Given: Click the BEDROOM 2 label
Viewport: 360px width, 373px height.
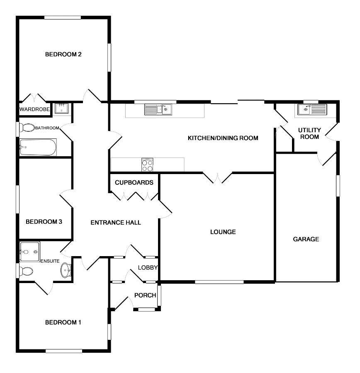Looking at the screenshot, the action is click(x=63, y=54).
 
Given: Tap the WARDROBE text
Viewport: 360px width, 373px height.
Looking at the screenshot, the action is click(x=35, y=110).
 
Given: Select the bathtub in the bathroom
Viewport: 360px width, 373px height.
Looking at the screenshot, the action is click(x=38, y=147).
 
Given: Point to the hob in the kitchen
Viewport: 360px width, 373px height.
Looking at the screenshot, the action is click(x=148, y=165).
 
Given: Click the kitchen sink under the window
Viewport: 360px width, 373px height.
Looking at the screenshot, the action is click(x=158, y=110).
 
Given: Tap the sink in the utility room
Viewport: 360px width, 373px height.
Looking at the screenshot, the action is click(x=311, y=110).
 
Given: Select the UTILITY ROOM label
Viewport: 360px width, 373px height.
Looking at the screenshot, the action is click(x=309, y=133).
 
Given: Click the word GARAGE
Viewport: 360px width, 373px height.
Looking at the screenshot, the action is click(x=306, y=239).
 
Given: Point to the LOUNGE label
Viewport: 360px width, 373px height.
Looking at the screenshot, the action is click(x=223, y=232).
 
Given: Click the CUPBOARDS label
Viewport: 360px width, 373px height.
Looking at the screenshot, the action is click(x=134, y=182).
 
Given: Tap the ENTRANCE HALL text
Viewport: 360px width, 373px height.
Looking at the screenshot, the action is click(x=116, y=223).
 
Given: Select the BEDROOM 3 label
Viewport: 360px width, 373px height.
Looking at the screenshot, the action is click(x=44, y=222).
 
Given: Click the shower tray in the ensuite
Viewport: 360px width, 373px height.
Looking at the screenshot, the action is click(x=29, y=251).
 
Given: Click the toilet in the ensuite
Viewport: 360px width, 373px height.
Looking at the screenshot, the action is click(x=27, y=271).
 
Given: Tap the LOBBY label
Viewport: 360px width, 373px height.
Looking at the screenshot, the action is click(x=148, y=267).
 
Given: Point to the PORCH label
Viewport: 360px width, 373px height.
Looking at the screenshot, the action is click(x=145, y=295).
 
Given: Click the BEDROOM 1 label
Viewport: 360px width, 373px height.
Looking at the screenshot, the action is click(x=63, y=322).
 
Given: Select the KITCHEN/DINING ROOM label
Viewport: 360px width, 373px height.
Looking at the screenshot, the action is click(x=223, y=138).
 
